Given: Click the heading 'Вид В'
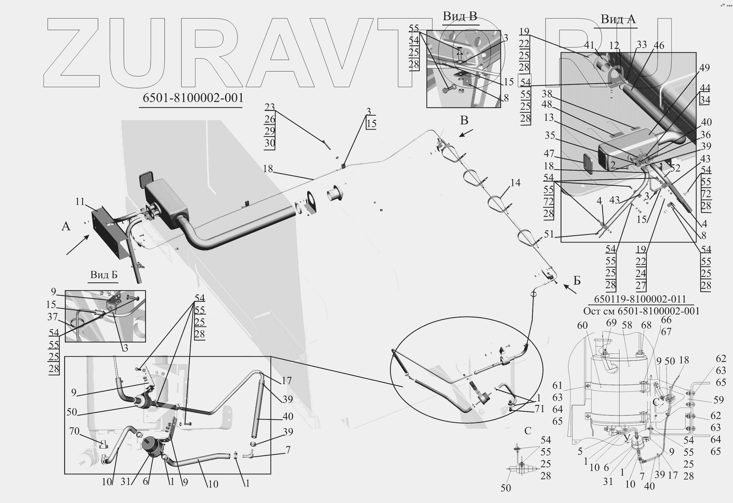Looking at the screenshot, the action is tap(459, 16).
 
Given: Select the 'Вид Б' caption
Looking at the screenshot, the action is tap(104, 275).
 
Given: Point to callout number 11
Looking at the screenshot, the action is tap(80, 201).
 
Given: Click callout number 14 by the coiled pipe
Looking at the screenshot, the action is tap(515, 183).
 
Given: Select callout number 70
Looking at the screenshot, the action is tap(74, 431).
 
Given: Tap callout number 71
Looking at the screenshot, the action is tap(539, 409).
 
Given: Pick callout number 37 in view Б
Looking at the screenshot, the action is tap(53, 317).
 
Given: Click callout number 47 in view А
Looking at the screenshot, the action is tap(549, 153).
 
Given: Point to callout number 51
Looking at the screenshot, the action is tap(549, 234).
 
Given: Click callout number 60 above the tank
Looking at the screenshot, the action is tap(582, 326).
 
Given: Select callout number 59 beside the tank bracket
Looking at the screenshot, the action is tap(718, 400).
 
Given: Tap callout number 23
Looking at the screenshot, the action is tap(269, 107).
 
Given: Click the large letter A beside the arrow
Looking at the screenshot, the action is tap(66, 226).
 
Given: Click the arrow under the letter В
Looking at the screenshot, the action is tap(466, 133).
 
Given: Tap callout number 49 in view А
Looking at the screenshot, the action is tap(704, 68).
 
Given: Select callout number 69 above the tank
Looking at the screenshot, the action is tap(611, 323).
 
